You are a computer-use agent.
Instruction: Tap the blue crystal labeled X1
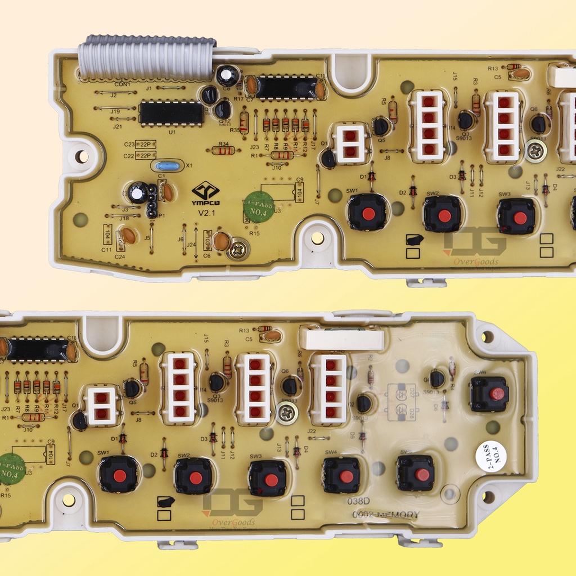[x=167, y=166]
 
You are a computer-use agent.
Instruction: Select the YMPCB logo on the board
[x=206, y=191]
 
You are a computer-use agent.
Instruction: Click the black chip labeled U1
[x=171, y=113]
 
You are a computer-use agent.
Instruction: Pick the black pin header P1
[x=151, y=201]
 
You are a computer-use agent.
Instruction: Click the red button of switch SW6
[x=497, y=394]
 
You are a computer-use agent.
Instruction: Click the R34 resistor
[x=224, y=150]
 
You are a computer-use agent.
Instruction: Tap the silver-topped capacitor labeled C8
[x=228, y=75]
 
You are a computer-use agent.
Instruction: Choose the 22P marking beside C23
[x=146, y=145]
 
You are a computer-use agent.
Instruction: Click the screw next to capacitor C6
[x=238, y=249]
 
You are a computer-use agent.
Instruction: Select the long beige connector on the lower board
[x=342, y=340]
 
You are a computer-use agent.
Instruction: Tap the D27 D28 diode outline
[x=402, y=402]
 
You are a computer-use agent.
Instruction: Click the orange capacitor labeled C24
[x=129, y=235]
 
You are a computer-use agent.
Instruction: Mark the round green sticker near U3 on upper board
[x=259, y=207]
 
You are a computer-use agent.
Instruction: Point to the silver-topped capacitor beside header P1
[x=137, y=192]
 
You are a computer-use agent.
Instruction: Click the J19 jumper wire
[x=115, y=108]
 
